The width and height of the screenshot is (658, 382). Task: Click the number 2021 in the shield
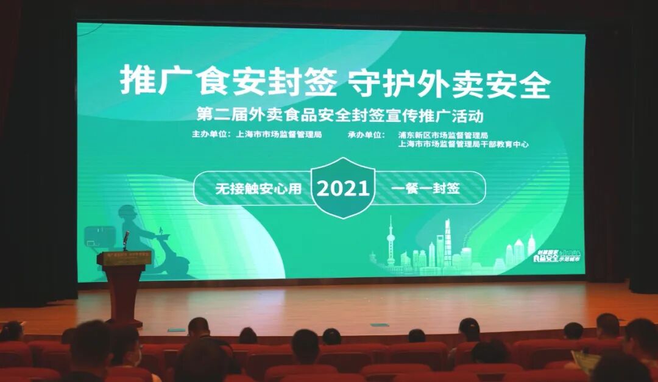pos(343,188)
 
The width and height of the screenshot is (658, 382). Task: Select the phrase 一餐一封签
pos(425,188)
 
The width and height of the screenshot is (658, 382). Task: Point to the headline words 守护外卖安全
pos(449,83)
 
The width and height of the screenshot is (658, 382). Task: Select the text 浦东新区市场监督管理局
pos(443,135)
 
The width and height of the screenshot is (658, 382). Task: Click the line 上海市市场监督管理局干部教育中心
pos(463,144)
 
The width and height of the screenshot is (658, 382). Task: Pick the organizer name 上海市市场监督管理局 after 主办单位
pos(278,135)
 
